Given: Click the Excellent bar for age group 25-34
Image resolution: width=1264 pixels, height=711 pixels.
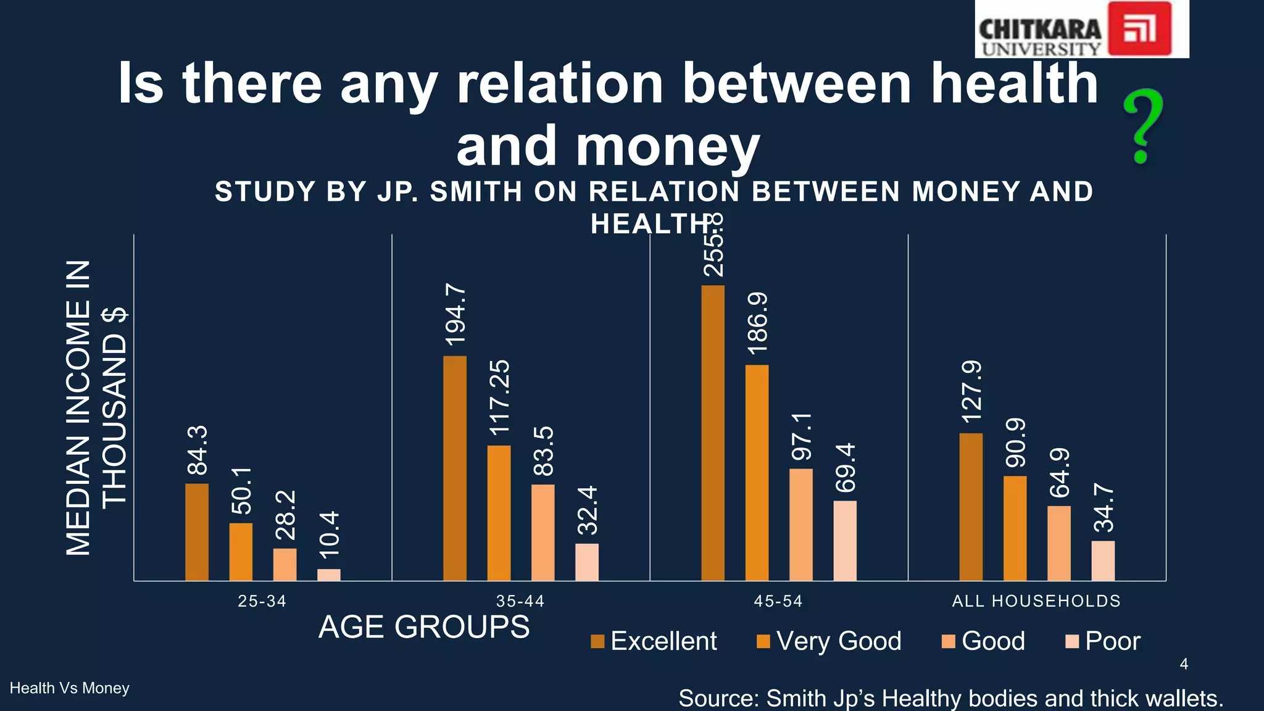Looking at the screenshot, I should tap(197, 532).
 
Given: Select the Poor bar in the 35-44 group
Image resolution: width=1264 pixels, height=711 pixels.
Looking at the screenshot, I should tap(587, 562).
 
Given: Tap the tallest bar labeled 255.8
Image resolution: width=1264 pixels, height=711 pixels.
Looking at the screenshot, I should tap(713, 433).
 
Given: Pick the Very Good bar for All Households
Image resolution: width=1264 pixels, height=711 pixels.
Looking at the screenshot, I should tap(1015, 528).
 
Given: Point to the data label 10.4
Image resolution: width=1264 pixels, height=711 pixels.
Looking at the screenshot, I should tap(329, 530).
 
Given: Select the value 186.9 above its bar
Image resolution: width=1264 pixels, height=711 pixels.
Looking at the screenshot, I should tap(757, 323).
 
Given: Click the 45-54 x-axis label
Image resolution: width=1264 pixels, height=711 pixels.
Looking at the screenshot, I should tap(778, 601).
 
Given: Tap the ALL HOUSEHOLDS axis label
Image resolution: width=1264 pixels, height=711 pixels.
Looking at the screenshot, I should tap(1036, 601).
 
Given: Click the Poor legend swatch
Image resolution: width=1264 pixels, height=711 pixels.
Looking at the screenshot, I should tap(1072, 642).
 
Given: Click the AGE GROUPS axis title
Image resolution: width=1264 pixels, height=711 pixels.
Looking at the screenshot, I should tap(424, 627).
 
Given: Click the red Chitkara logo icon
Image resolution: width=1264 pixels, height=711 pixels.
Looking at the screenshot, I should tap(1139, 29).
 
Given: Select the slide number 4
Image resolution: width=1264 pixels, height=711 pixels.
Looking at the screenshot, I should tap(1184, 664).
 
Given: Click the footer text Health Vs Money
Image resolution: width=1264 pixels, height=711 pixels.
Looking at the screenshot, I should tap(70, 688).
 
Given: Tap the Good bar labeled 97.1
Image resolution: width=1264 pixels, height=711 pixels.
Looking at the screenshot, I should tap(801, 525).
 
